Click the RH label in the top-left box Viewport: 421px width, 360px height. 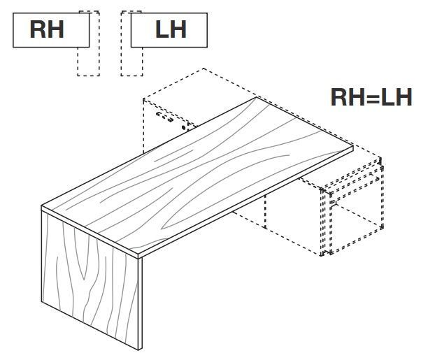coord(47,30)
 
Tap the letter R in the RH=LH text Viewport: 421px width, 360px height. coord(340,97)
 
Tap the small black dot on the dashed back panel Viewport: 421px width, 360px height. coord(183,129)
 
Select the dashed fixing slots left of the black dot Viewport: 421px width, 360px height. coord(164,115)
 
